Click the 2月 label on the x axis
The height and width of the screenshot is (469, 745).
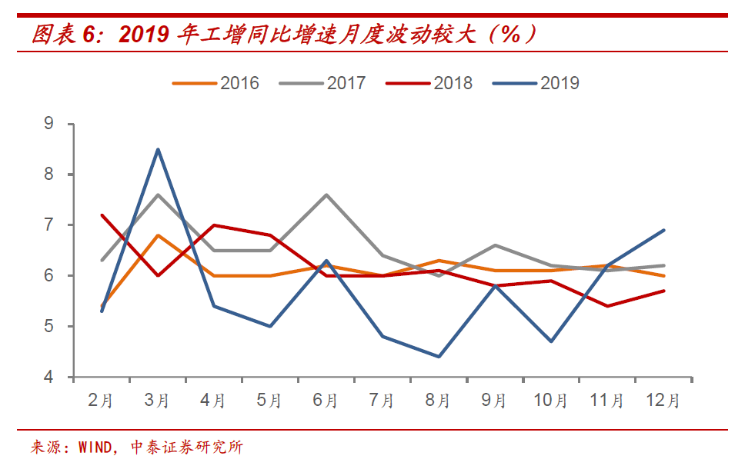tap(101, 401)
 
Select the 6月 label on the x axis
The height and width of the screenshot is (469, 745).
tap(326, 401)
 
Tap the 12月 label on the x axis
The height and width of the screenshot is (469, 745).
tap(663, 401)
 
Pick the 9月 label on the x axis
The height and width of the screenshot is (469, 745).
tap(494, 401)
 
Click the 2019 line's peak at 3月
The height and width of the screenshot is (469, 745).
tap(158, 149)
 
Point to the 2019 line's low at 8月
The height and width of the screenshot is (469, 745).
tap(439, 357)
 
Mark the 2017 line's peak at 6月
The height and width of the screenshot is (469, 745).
tap(326, 195)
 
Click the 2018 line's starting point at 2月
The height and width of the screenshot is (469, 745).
tap(102, 215)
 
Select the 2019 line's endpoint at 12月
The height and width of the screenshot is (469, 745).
tap(664, 230)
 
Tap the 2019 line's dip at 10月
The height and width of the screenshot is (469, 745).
tap(551, 341)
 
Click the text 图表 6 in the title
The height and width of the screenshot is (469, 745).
tap(65, 33)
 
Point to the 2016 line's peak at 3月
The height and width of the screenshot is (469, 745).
tap(158, 235)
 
